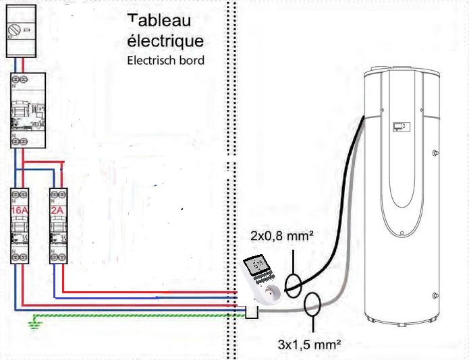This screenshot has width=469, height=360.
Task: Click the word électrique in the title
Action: tap(165, 41)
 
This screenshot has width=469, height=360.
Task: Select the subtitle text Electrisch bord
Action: tap(165, 60)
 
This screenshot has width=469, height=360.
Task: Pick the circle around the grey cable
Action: tap(312, 305)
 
